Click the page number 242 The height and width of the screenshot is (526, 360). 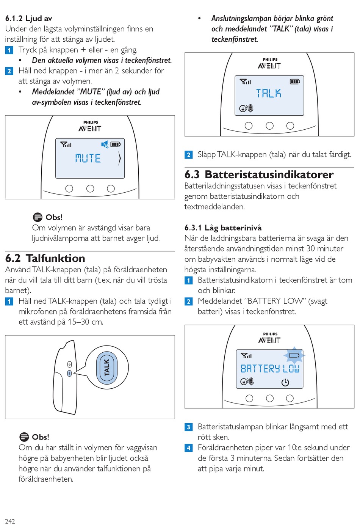(x=10, y=521)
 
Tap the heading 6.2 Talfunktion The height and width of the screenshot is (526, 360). (x=45, y=258)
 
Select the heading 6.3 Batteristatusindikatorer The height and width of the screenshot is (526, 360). (x=259, y=174)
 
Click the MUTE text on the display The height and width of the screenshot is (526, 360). (x=88, y=158)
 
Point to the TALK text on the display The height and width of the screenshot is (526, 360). (x=268, y=93)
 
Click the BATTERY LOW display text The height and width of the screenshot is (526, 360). (x=270, y=369)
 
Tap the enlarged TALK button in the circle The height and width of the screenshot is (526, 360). (x=107, y=367)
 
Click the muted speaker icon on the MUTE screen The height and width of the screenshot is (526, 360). (x=105, y=144)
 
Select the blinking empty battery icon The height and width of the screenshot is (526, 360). (x=294, y=355)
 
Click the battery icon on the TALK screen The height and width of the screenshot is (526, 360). (x=295, y=82)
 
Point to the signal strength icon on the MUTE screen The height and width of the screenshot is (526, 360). (x=66, y=144)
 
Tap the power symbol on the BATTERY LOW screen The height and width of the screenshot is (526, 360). (x=285, y=383)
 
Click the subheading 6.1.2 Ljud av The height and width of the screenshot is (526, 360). (x=29, y=18)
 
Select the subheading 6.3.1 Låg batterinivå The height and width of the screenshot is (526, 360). (x=223, y=228)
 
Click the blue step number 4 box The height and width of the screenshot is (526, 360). (x=189, y=448)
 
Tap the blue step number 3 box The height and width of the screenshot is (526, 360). (x=189, y=427)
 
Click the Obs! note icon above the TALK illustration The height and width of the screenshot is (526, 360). (x=38, y=217)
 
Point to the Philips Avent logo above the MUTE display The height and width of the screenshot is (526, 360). (x=90, y=127)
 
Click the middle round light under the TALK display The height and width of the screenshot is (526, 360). (x=269, y=126)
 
